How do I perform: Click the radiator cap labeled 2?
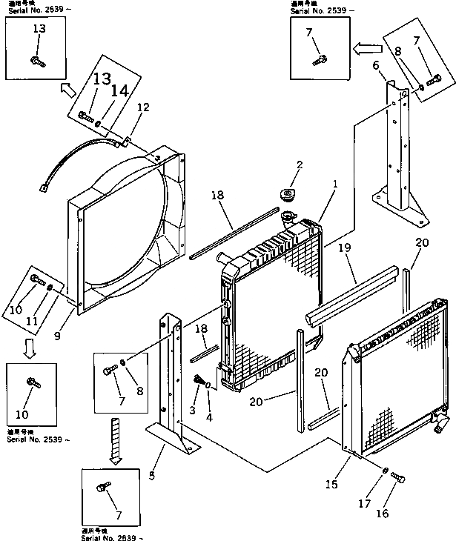(x=287, y=195)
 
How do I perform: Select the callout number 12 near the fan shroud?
(x=143, y=107)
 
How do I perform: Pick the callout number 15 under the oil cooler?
(x=331, y=484)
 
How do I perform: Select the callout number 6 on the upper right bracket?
(x=376, y=66)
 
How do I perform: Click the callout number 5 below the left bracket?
(x=152, y=475)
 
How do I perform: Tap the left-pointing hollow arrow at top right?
(x=364, y=50)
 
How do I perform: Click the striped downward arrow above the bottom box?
(x=115, y=437)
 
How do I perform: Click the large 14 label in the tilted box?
(x=119, y=91)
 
